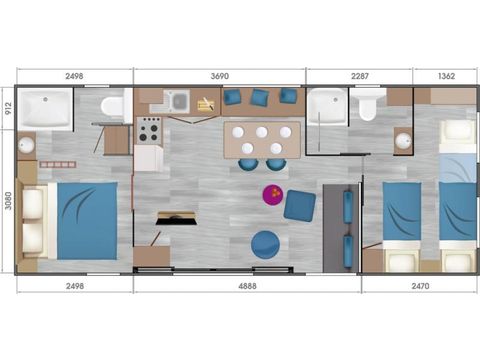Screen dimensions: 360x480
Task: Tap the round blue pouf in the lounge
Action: coord(265,244)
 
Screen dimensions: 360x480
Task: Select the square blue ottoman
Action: coord(299,206)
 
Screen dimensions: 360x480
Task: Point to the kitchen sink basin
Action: coord(177,100)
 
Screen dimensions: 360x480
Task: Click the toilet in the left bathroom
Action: coord(112,105)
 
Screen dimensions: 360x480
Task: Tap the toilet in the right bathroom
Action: coord(367,106)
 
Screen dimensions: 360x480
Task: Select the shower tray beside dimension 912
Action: coord(47,107)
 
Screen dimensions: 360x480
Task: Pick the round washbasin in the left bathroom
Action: coord(26,145)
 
